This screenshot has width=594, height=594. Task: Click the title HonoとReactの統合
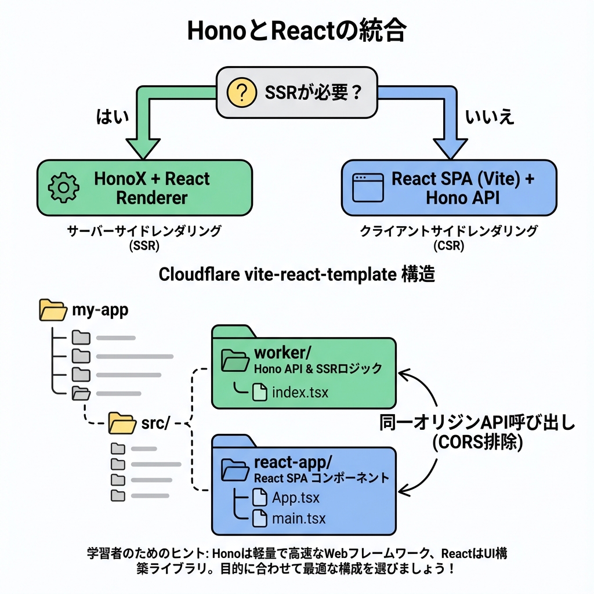(x=296, y=31)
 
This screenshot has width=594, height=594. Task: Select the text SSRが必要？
(x=313, y=93)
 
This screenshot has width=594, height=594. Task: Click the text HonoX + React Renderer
(x=152, y=187)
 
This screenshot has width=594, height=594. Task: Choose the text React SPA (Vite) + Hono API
(x=462, y=187)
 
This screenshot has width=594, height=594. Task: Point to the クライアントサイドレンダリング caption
(x=448, y=231)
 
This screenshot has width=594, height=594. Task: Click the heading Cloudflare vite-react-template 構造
(x=296, y=274)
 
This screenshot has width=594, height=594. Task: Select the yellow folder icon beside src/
(x=122, y=423)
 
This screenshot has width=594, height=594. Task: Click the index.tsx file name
(x=300, y=393)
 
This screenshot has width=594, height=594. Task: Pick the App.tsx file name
(x=295, y=498)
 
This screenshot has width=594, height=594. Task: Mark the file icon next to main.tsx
(x=259, y=518)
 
